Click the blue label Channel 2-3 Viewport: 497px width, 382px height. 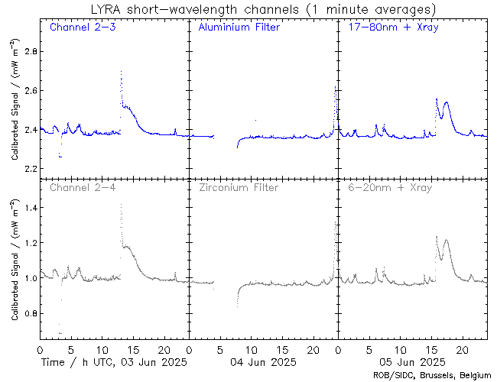83,28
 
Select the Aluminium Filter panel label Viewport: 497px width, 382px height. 239,28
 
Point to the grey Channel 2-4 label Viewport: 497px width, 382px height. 83,187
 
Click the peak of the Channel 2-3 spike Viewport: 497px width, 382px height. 121,71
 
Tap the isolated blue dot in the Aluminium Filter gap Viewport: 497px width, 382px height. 255,120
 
